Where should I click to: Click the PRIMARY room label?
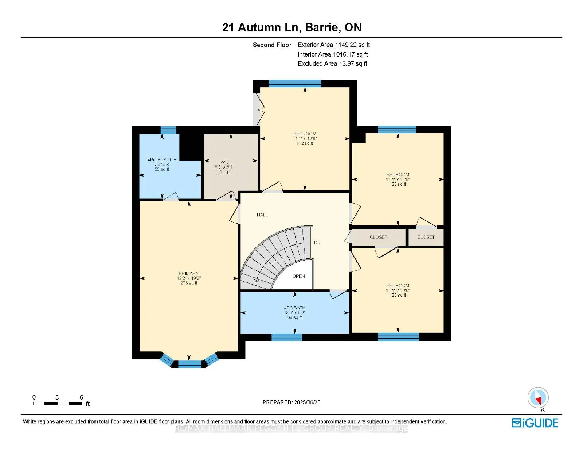click(189, 278)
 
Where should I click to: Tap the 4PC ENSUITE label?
click(162, 164)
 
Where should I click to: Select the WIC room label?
click(224, 167)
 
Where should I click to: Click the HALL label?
click(262, 215)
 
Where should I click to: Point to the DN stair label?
click(317, 242)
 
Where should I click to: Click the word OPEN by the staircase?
click(298, 276)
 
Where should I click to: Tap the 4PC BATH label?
click(294, 312)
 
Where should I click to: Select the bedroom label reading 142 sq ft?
click(305, 138)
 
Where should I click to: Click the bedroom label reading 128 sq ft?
click(398, 179)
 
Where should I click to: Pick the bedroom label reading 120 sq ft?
click(398, 290)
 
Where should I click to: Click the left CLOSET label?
click(378, 237)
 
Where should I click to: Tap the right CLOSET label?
click(426, 237)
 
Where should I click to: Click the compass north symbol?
click(538, 398)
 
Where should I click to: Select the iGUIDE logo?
click(535, 423)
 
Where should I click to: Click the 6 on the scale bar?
click(81, 397)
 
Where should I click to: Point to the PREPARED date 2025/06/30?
click(291, 402)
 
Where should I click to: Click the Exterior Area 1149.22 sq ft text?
click(333, 45)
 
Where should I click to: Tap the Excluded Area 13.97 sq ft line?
click(332, 63)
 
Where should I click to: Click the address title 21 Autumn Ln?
click(291, 27)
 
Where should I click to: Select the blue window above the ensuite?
click(168, 130)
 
